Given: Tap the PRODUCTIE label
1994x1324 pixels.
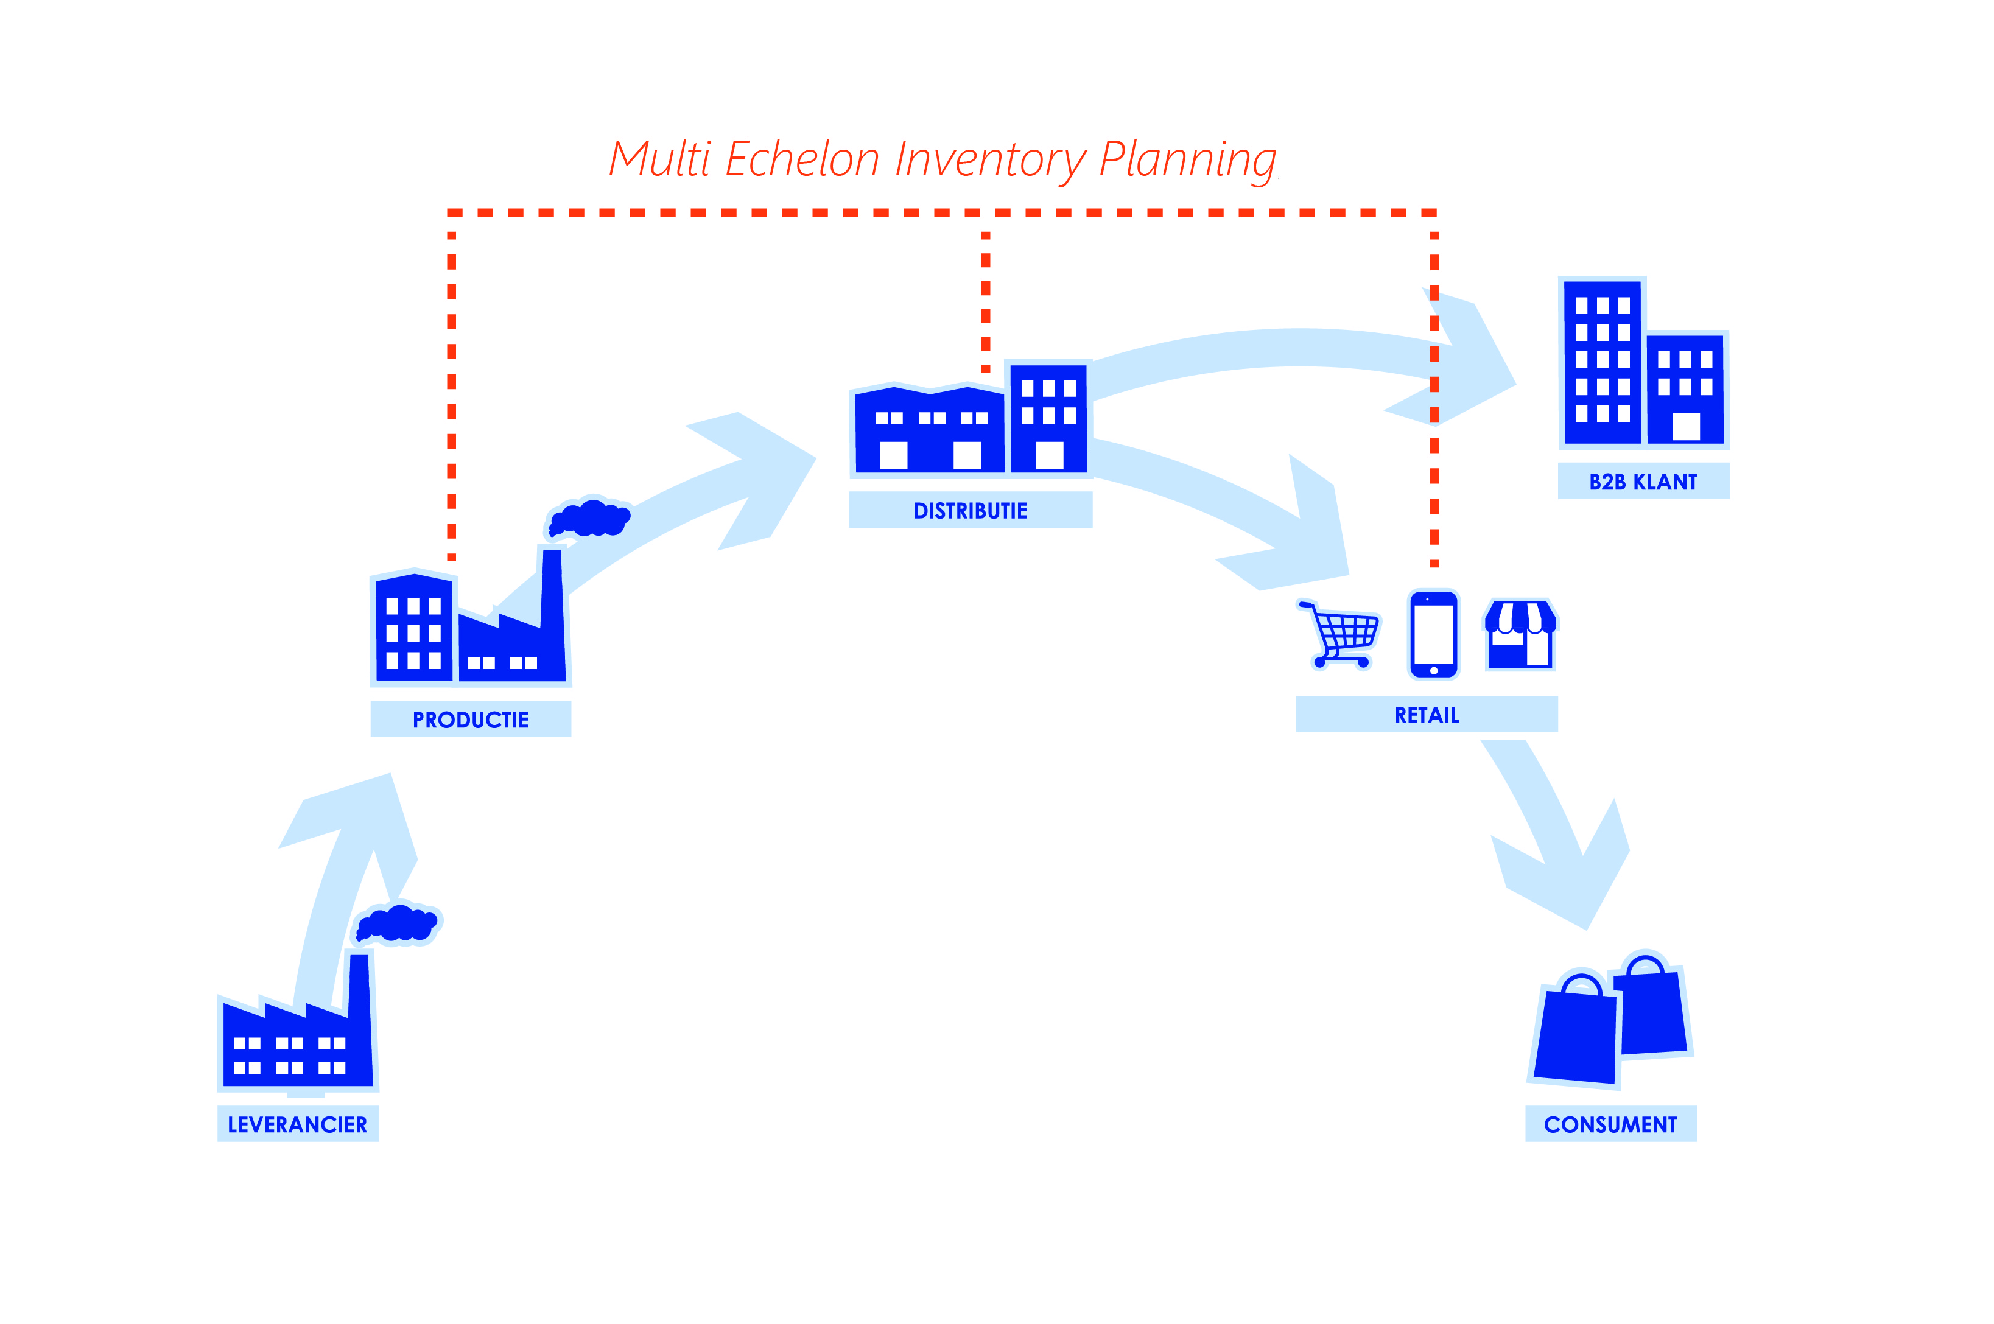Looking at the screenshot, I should click(x=471, y=720).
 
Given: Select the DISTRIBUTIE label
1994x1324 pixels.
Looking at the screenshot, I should click(x=971, y=511).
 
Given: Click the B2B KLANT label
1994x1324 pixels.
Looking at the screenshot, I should click(x=1643, y=482).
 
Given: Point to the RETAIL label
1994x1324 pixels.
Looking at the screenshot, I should click(x=1427, y=715).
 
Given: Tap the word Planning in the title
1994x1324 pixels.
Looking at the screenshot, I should click(x=1187, y=161).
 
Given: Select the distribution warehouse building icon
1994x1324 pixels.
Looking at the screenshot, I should click(x=929, y=430).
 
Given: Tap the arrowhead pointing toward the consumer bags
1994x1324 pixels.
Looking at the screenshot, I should click(x=1562, y=878).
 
